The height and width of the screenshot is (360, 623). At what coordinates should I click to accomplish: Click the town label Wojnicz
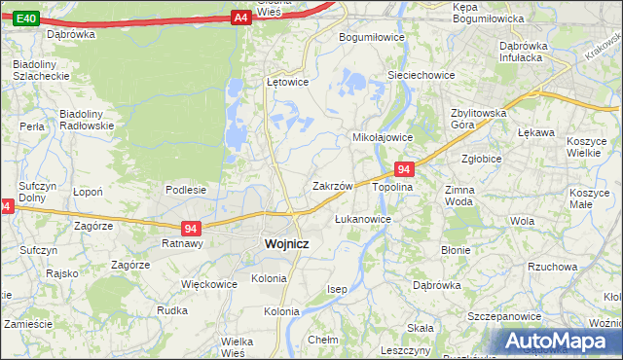[287, 244]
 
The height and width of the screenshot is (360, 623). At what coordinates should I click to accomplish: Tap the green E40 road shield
[27, 18]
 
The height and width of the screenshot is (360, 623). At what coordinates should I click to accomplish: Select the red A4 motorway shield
[241, 18]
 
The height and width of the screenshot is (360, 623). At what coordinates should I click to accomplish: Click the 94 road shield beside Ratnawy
[192, 229]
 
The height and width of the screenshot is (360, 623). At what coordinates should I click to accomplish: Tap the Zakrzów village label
[332, 185]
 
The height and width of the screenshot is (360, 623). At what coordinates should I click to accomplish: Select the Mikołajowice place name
[383, 137]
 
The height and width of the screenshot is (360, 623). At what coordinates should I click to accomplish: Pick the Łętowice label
[287, 82]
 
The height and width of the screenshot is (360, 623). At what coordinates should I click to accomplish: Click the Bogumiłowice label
[371, 37]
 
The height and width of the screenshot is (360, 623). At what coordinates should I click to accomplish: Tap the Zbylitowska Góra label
[479, 119]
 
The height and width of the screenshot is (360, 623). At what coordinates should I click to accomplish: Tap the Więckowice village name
[209, 285]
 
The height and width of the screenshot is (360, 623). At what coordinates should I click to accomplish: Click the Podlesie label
[185, 190]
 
